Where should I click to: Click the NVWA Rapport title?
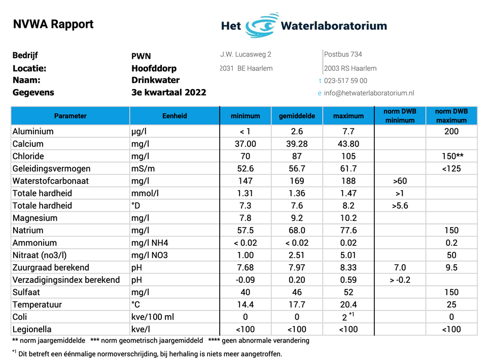click(53, 24)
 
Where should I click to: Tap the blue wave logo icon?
click(261, 25)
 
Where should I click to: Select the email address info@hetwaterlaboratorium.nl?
click(369, 93)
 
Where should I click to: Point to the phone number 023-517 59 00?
click(345, 81)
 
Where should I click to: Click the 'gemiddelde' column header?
click(297, 116)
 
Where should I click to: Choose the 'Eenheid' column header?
click(174, 116)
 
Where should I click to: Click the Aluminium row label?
click(33, 131)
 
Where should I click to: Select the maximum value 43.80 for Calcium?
click(348, 143)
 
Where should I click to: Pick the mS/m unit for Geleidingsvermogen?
click(143, 169)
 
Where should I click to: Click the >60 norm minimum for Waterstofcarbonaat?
click(400, 181)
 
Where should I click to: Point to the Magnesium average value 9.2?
click(297, 218)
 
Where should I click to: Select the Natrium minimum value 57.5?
click(246, 230)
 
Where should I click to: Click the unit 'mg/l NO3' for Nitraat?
click(149, 255)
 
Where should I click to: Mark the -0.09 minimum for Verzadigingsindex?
click(245, 279)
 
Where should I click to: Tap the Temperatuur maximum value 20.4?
click(348, 305)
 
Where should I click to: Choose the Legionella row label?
click(32, 329)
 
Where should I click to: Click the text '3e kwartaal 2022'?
click(169, 92)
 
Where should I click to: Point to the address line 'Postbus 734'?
click(343, 54)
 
